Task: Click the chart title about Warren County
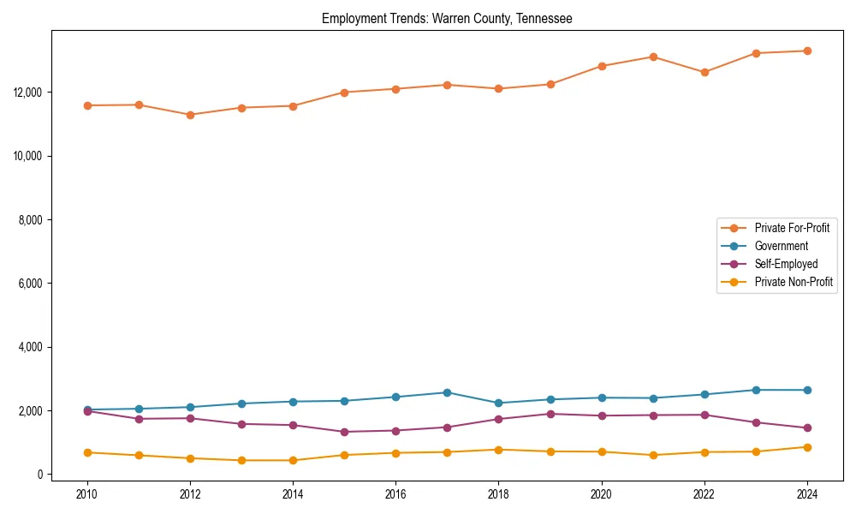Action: click(447, 18)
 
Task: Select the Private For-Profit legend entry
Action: click(792, 228)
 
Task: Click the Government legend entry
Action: click(781, 246)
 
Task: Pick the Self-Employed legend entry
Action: click(786, 264)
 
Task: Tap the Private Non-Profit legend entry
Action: click(794, 282)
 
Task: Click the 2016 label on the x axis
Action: click(395, 493)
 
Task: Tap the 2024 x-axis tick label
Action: click(806, 493)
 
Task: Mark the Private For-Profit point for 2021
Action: click(652, 57)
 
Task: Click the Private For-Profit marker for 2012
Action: click(190, 115)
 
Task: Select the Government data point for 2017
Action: click(447, 392)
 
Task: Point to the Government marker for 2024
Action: click(806, 390)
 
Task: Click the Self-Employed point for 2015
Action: click(344, 432)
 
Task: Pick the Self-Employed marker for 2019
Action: click(550, 414)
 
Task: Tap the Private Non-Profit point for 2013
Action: click(241, 460)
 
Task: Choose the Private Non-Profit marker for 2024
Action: click(806, 447)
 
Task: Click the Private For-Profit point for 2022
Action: click(704, 72)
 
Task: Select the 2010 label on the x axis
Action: click(87, 493)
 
